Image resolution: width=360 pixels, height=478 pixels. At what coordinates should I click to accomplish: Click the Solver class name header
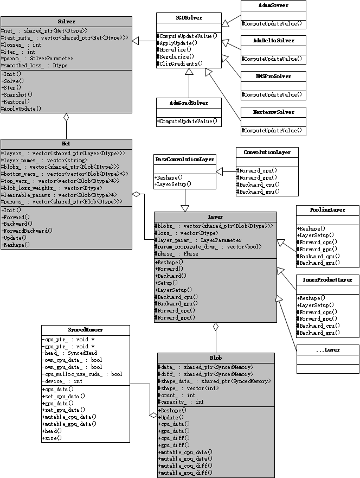click(66, 21)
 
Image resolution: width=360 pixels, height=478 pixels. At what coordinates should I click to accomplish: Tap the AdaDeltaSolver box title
click(273, 41)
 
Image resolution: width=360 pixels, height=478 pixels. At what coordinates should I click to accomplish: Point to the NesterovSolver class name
click(273, 112)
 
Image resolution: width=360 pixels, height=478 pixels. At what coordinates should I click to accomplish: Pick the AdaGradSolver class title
click(188, 102)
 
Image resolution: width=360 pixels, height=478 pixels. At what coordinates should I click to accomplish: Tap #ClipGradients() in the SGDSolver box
click(179, 63)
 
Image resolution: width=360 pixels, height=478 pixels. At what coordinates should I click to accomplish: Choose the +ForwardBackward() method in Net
click(27, 231)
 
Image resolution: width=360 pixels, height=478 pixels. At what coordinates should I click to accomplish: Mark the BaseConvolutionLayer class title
click(185, 159)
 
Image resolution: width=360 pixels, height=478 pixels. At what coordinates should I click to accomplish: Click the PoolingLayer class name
click(327, 209)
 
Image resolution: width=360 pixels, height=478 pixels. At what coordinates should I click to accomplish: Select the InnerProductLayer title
click(327, 280)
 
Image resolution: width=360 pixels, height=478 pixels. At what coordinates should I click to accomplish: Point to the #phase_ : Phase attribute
click(177, 253)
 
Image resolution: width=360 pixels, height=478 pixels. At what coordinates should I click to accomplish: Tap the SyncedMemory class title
click(85, 329)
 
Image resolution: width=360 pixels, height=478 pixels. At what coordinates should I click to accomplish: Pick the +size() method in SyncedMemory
click(53, 437)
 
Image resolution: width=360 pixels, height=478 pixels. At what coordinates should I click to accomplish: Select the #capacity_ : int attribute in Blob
click(181, 402)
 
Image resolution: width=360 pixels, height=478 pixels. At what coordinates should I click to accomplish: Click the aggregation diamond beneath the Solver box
click(66, 117)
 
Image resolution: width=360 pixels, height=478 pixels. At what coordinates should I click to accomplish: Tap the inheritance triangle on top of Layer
click(185, 208)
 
